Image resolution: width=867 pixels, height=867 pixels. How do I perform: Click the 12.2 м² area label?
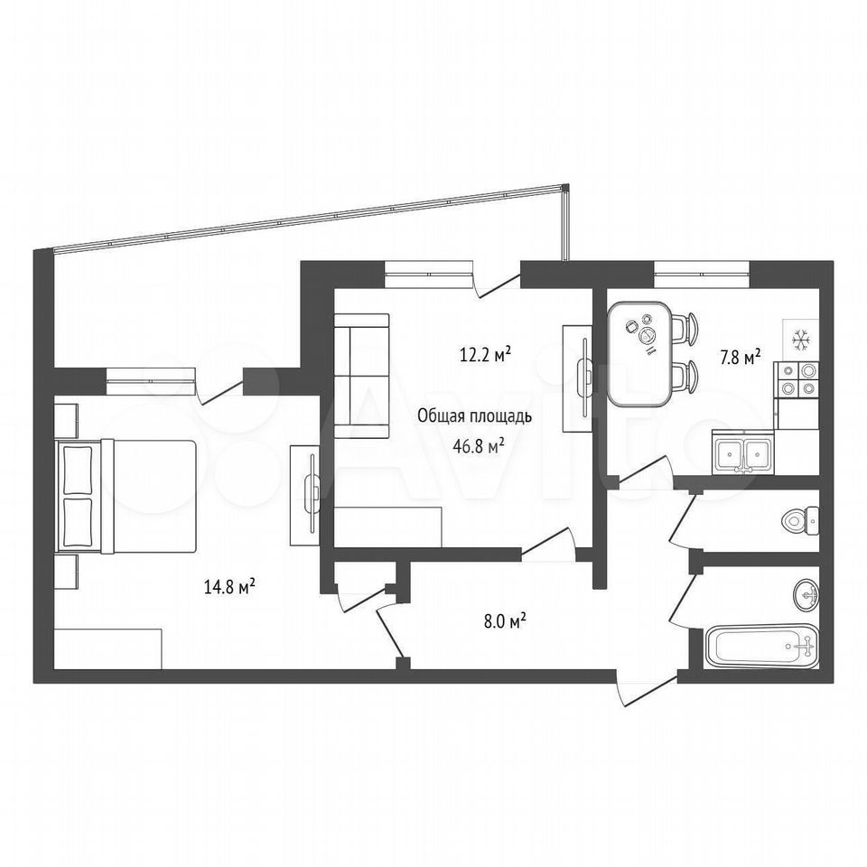tap(485, 354)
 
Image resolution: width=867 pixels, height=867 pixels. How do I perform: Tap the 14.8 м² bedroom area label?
tap(229, 586)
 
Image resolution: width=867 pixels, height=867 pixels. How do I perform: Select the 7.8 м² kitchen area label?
tap(740, 358)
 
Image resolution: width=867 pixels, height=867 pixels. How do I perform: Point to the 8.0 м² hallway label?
tap(505, 621)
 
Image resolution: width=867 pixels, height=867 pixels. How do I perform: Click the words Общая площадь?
tap(474, 415)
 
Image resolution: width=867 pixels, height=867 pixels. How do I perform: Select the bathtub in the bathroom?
tap(762, 646)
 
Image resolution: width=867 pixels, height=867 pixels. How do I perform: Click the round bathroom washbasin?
tap(806, 594)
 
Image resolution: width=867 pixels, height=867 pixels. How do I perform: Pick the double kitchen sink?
tap(743, 452)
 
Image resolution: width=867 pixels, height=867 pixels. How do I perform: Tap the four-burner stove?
tap(797, 380)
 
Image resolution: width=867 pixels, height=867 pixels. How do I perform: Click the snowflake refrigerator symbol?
tap(800, 340)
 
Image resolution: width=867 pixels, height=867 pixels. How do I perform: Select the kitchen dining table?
tap(639, 354)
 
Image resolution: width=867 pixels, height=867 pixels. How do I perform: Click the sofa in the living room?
tap(361, 376)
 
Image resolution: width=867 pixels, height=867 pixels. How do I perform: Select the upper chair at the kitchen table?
tap(685, 326)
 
